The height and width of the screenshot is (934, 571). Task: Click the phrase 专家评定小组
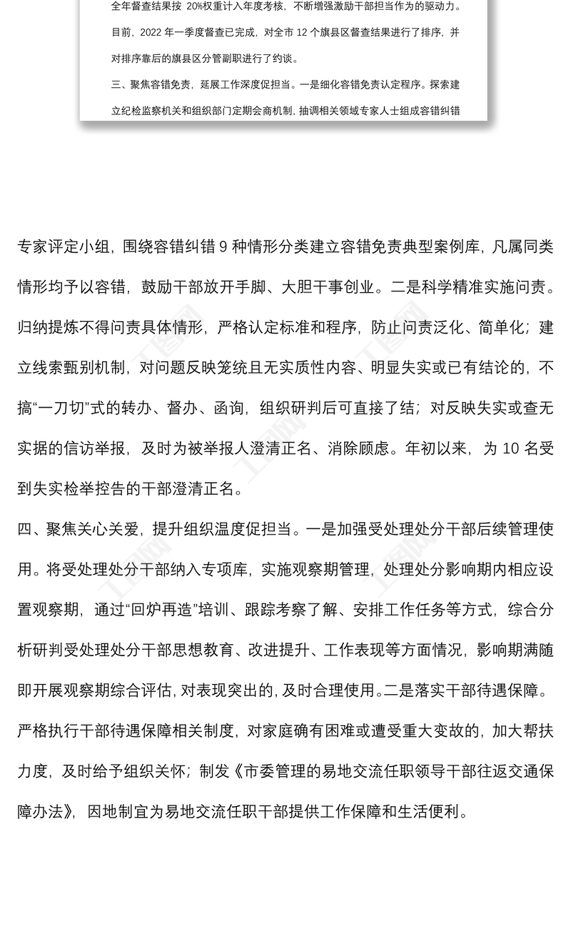click(63, 247)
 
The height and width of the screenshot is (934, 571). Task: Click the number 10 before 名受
click(512, 448)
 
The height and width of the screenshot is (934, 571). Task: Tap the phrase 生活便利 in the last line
click(425, 811)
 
